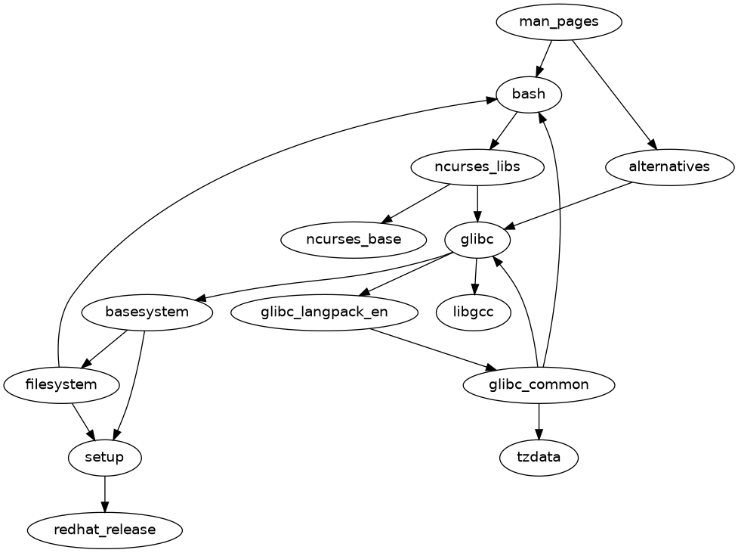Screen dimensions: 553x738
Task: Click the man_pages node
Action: click(x=558, y=22)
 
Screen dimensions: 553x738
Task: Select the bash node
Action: click(x=528, y=95)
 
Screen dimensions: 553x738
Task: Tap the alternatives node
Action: click(x=669, y=167)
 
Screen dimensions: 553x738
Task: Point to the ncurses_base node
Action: click(x=354, y=240)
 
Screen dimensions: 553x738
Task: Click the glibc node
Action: click(x=477, y=240)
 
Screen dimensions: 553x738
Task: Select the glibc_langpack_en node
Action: click(x=325, y=312)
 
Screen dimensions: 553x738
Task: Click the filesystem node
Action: click(x=61, y=385)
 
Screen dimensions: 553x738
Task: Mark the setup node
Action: click(x=105, y=458)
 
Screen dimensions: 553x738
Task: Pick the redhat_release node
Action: click(x=105, y=530)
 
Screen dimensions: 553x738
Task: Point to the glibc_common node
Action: click(x=539, y=385)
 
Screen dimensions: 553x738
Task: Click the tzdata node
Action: click(x=539, y=458)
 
